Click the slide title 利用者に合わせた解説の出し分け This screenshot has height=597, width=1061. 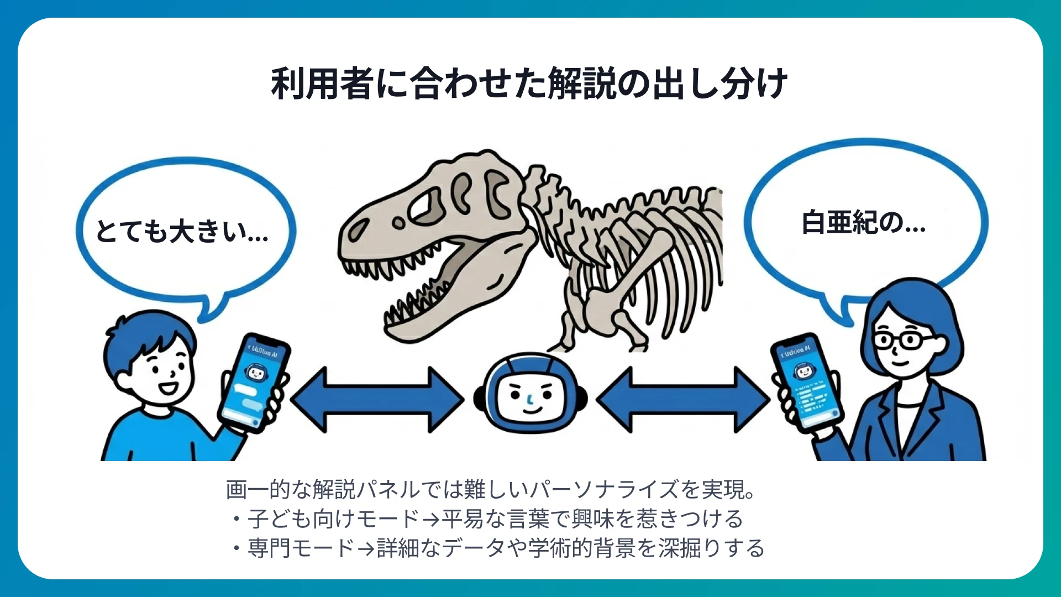(529, 84)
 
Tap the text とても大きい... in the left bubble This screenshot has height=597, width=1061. (181, 231)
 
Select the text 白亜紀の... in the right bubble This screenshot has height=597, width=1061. (863, 222)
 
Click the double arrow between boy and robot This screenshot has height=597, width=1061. (377, 399)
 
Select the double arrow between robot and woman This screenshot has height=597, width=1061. (683, 399)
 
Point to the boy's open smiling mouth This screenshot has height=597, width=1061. (169, 388)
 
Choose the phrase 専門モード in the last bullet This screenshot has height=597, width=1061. (301, 548)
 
